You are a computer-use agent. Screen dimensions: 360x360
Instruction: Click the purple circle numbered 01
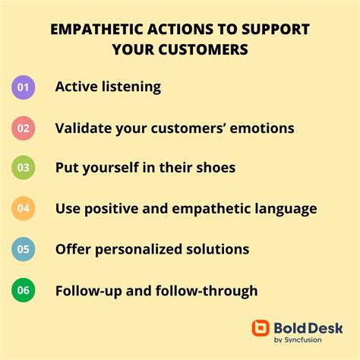coord(24,87)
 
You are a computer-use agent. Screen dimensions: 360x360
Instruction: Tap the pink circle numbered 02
coord(24,128)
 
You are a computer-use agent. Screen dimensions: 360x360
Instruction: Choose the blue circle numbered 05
coord(24,249)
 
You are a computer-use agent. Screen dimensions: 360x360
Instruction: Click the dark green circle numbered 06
coord(24,290)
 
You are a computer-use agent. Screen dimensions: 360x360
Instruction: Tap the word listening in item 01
coord(131,87)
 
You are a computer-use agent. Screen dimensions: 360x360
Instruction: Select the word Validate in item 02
coord(86,128)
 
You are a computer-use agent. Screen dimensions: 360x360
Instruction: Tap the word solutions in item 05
coord(222,249)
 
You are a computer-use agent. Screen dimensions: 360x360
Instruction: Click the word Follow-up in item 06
coord(87,290)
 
